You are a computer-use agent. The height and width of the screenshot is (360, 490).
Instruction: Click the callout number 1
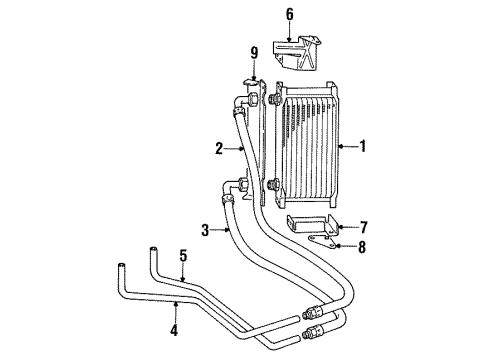[364, 147]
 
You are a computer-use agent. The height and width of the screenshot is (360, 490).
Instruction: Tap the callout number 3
[205, 230]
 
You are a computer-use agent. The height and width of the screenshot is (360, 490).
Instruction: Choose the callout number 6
[290, 15]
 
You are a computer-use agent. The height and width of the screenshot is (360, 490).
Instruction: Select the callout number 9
[254, 52]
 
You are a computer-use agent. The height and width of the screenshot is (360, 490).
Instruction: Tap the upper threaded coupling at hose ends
[312, 313]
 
